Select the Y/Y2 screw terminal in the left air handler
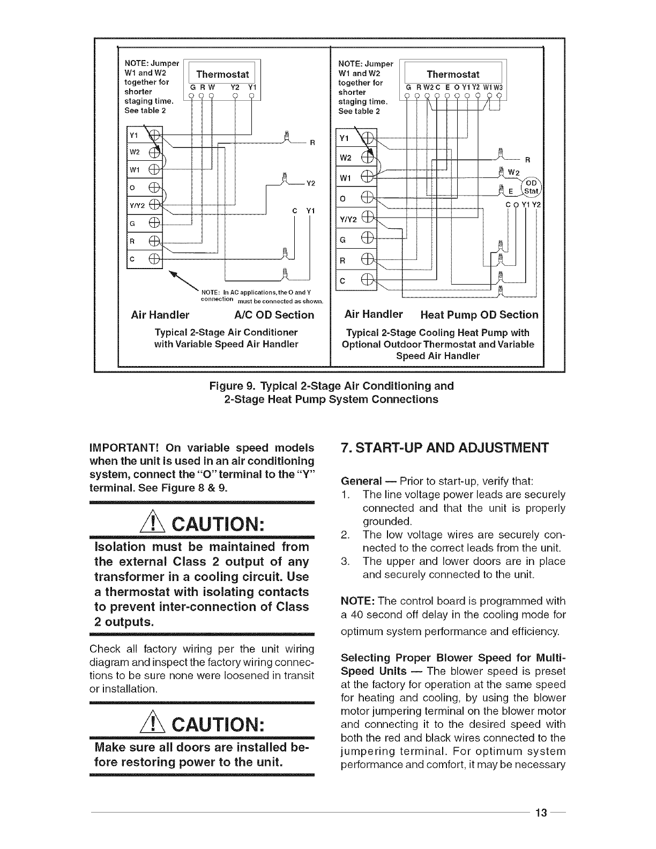(154, 205)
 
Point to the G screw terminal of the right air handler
(367, 237)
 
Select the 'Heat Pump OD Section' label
(479, 315)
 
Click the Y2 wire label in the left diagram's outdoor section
(310, 183)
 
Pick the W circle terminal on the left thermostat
(212, 97)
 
